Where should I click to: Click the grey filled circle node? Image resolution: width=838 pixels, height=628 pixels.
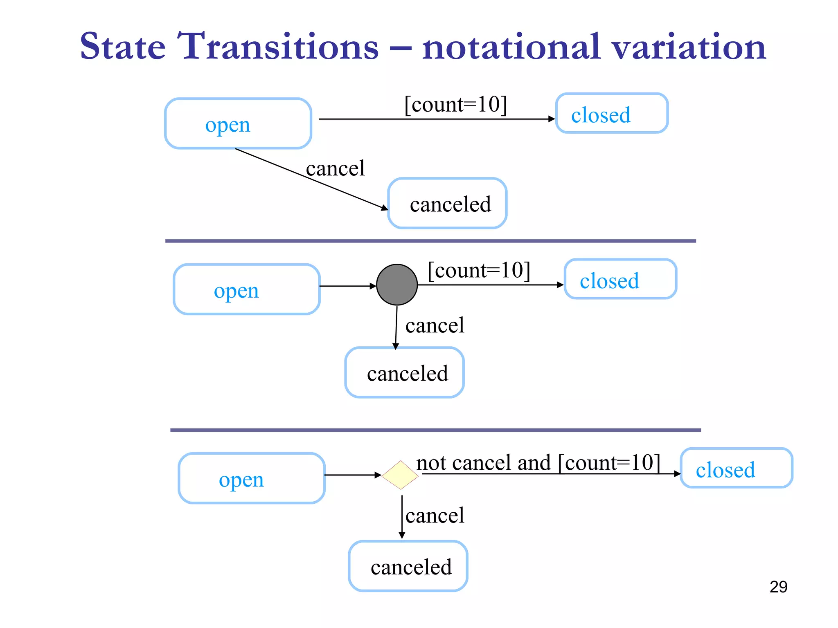[396, 285]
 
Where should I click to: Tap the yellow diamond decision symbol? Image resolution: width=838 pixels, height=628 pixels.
[400, 475]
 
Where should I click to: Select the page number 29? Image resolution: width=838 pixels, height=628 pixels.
[778, 587]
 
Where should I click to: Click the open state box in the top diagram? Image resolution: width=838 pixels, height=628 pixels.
[238, 123]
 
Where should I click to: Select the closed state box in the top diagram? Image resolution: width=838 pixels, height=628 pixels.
[611, 113]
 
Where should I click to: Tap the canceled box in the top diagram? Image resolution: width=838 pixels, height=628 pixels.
[447, 203]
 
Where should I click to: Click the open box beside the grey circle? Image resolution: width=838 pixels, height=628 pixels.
[246, 289]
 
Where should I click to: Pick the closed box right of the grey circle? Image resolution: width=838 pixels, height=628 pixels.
[620, 279]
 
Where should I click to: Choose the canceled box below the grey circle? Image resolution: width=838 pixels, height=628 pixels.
[404, 372]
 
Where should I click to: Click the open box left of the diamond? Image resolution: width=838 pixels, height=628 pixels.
[251, 478]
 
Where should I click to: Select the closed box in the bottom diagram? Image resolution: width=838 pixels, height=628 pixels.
[736, 468]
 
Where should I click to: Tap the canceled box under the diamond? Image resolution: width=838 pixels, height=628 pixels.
[408, 566]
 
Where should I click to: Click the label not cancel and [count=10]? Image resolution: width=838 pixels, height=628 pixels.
[538, 463]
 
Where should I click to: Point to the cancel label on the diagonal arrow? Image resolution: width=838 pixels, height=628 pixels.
[335, 168]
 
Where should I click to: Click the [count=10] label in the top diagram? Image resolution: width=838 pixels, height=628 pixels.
[455, 105]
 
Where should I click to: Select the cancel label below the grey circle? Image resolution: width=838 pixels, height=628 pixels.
[435, 325]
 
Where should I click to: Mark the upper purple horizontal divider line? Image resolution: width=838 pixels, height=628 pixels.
[430, 241]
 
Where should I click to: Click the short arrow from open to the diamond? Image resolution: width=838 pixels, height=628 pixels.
[352, 475]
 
